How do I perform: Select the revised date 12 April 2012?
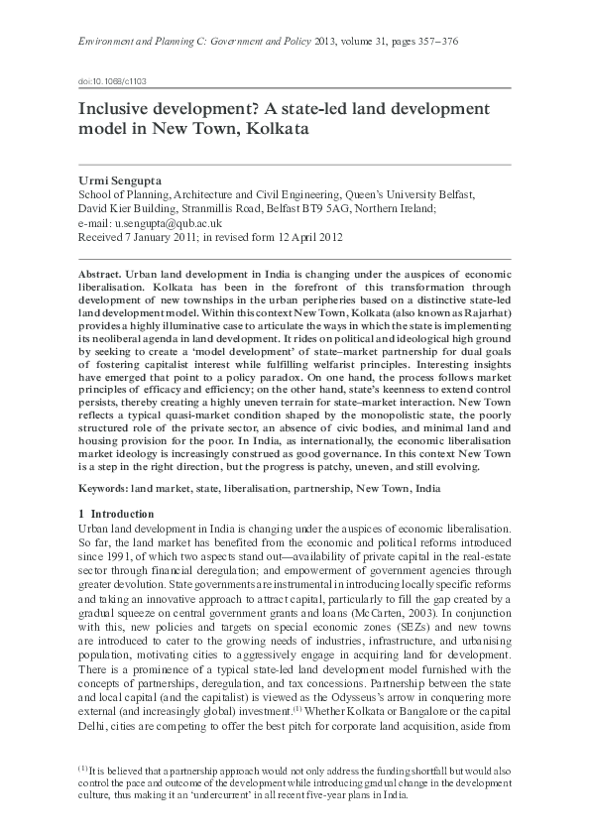point(304,237)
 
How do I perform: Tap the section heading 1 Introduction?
point(115,514)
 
